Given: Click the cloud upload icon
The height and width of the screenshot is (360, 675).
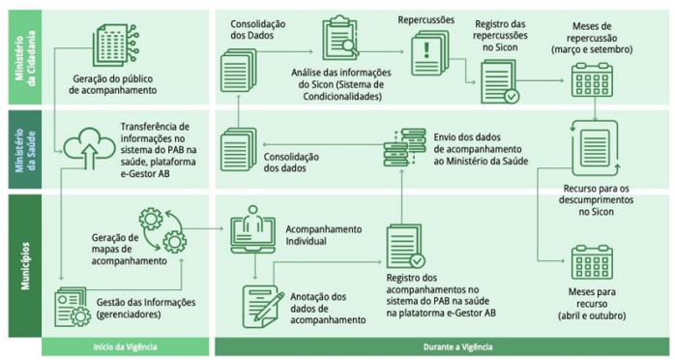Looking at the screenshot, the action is pos(86,147).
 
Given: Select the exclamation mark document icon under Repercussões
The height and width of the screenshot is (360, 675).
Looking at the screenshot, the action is pos(426,49).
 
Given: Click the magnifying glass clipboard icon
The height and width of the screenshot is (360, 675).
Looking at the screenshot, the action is pos(339,38).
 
